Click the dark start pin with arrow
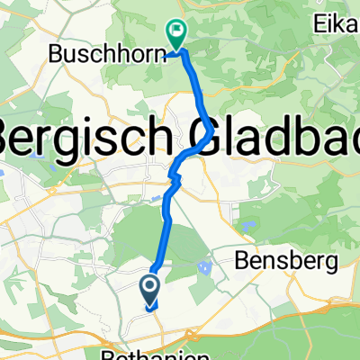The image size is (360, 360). coord(151,289)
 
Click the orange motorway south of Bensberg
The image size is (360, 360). coord(297,310)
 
